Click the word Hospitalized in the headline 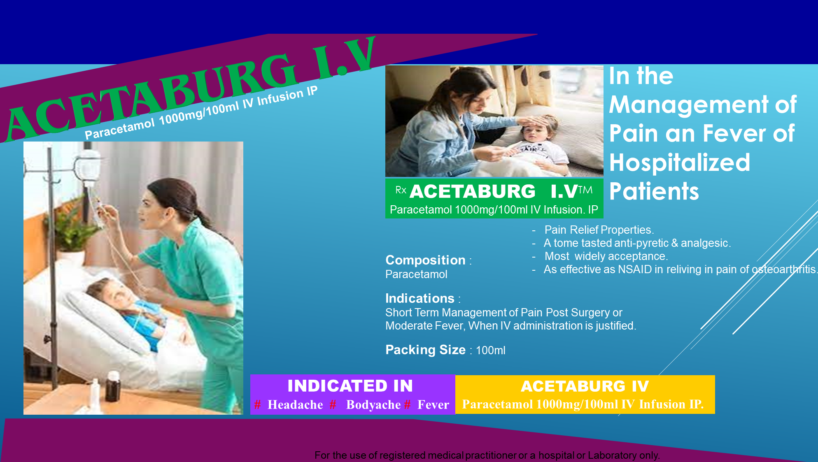[680, 163]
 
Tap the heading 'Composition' [425, 260]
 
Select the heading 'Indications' [420, 298]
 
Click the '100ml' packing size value [491, 351]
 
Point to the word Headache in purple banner [295, 405]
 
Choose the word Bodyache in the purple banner [373, 405]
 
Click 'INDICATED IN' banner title [350, 386]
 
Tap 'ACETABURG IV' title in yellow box [585, 386]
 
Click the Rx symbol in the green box [401, 190]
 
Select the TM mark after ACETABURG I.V [585, 190]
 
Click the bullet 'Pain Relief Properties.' [599, 230]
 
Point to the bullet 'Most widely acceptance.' [606, 256]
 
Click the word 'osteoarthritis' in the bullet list [784, 269]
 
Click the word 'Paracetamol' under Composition [416, 274]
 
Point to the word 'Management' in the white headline [689, 105]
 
